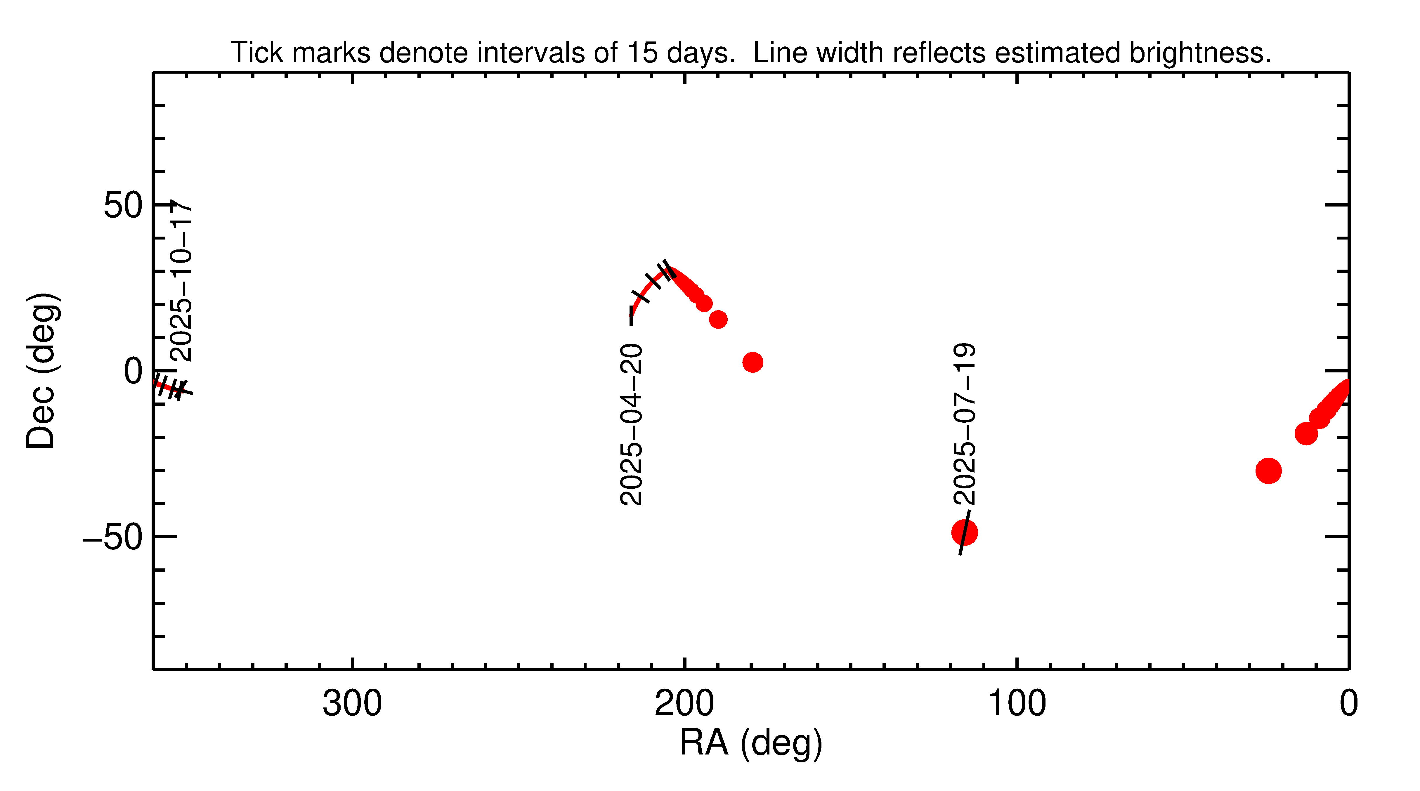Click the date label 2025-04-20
(631, 424)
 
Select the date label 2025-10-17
(180, 281)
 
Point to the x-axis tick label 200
(684, 704)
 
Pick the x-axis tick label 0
(1348, 704)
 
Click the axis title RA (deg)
(751, 743)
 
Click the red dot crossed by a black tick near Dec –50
(964, 532)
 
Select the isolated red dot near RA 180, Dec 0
(753, 362)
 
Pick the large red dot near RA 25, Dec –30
(1268, 471)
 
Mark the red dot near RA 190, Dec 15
(718, 319)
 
